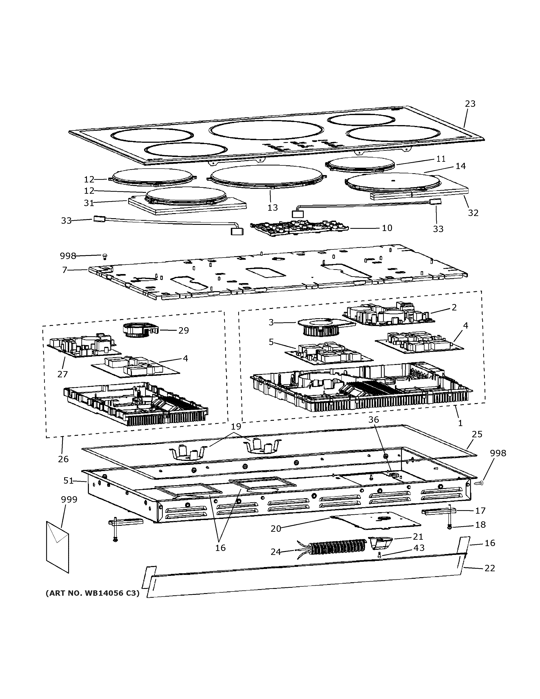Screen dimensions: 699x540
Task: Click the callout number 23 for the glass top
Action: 470,104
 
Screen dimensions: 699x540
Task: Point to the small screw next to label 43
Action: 379,556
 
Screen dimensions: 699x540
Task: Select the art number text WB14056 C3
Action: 93,593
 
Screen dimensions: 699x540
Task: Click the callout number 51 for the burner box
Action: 68,481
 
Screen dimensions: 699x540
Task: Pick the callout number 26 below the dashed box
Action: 63,459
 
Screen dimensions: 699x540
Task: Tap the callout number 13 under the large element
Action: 273,207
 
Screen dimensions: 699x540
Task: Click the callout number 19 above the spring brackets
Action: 236,426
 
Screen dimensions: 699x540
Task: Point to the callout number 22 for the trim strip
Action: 490,568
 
